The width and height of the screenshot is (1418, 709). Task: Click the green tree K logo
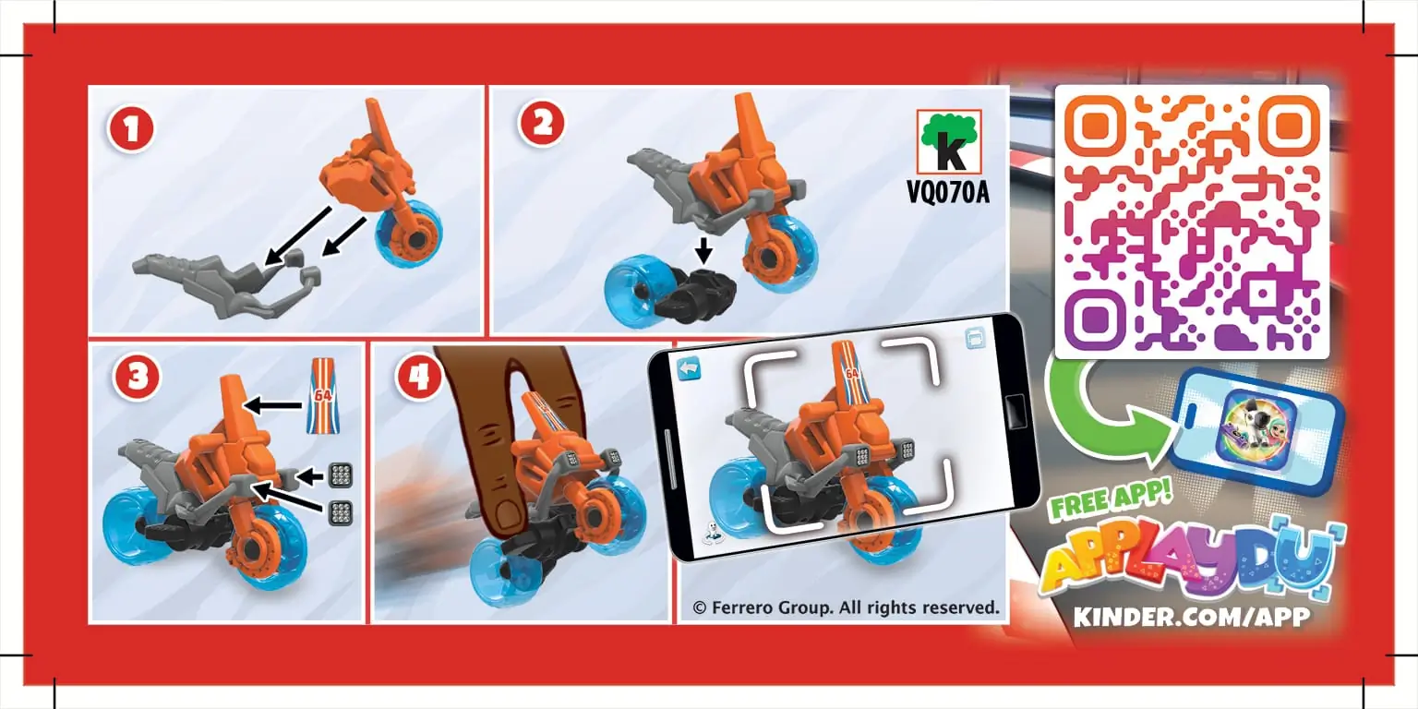tap(948, 143)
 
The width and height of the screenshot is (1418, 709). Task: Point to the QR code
tap(1191, 222)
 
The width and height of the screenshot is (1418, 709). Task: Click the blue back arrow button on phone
tap(689, 368)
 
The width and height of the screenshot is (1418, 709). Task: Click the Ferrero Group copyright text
tap(846, 607)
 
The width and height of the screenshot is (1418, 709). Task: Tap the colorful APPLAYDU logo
tap(1191, 561)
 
